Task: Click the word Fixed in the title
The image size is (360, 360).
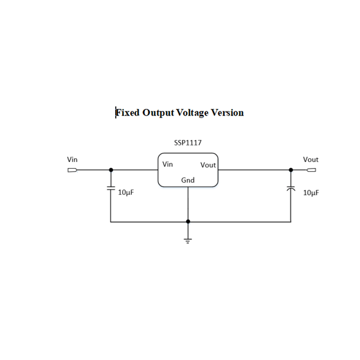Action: [128, 112]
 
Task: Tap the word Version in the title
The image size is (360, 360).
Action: [228, 112]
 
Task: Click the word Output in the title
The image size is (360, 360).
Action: [157, 112]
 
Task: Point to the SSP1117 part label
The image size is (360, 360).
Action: [188, 143]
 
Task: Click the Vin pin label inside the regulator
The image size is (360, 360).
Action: [167, 164]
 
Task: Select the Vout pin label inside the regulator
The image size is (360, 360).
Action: [208, 165]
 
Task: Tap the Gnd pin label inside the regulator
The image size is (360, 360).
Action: [188, 180]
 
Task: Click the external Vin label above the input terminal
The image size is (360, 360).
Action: [72, 159]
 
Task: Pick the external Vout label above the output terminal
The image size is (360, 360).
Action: [310, 159]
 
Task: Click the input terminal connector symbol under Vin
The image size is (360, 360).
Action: [72, 170]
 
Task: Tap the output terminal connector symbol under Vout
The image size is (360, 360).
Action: [311, 170]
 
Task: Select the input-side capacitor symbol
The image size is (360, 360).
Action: [111, 189]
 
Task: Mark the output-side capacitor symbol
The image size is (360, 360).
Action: [291, 189]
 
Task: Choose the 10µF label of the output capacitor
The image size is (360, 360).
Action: [311, 193]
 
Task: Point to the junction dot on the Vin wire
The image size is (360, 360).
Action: [111, 170]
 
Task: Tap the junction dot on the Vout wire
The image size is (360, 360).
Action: [291, 170]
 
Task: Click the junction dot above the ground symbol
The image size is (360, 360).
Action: [188, 221]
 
